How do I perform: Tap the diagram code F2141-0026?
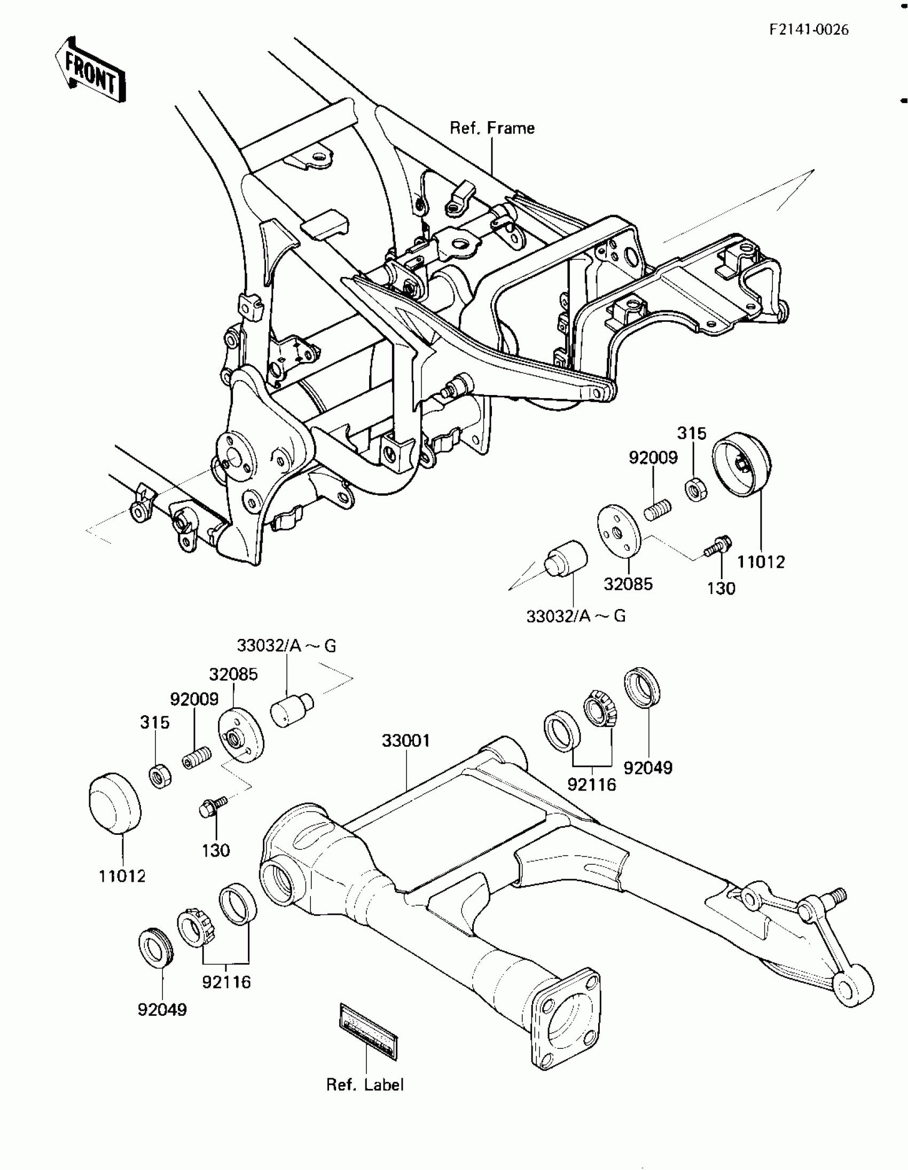809,29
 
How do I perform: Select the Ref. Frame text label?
491,129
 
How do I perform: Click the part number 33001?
406,741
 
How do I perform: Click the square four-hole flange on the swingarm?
567,1018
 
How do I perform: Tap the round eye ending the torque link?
852,989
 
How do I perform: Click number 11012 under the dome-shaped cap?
122,876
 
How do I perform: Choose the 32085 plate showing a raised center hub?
241,736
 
